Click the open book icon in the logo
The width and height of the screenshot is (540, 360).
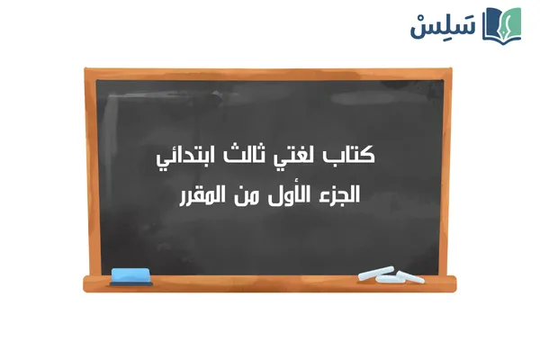pos(502,24)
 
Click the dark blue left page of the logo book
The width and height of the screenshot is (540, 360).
pos(492,24)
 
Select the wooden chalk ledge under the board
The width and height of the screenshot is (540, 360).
pos(270,283)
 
